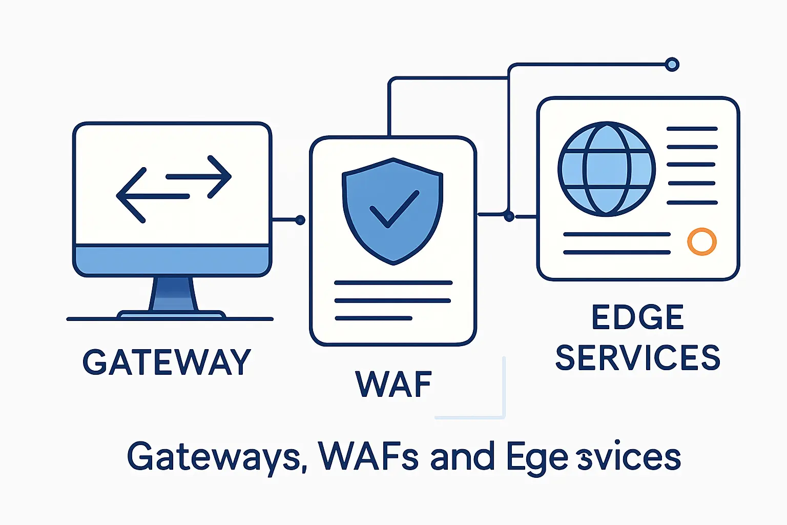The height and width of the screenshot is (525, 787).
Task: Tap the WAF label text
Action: coord(393,384)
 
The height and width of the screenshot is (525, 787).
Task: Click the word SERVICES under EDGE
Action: coord(638,357)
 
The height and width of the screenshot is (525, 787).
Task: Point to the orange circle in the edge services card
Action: coord(701,241)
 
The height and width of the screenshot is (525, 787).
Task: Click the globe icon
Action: coord(606,169)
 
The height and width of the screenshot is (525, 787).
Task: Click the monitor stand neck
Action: coord(173,294)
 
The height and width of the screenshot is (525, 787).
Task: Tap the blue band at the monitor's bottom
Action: coord(172,260)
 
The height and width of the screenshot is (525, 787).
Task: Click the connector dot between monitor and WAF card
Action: coord(300,220)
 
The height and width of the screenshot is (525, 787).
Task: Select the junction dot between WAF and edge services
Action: coord(509,217)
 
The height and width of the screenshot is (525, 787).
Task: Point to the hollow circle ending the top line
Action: coord(672,65)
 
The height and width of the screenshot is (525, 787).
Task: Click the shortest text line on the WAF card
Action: coord(373,318)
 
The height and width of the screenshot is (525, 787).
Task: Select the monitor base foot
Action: coord(171,314)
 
